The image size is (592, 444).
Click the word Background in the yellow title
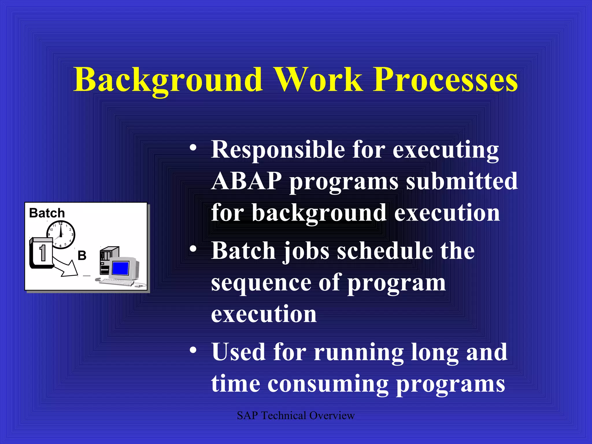[168, 79]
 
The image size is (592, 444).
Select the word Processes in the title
[445, 79]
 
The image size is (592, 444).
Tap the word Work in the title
[318, 79]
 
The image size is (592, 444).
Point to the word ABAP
[246, 181]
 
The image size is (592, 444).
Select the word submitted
[462, 181]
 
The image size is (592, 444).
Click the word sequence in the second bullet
[260, 283]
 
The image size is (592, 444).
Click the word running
[358, 352]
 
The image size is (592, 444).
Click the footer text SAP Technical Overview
[295, 416]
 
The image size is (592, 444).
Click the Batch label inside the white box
[47, 213]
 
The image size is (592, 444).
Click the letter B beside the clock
[82, 256]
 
